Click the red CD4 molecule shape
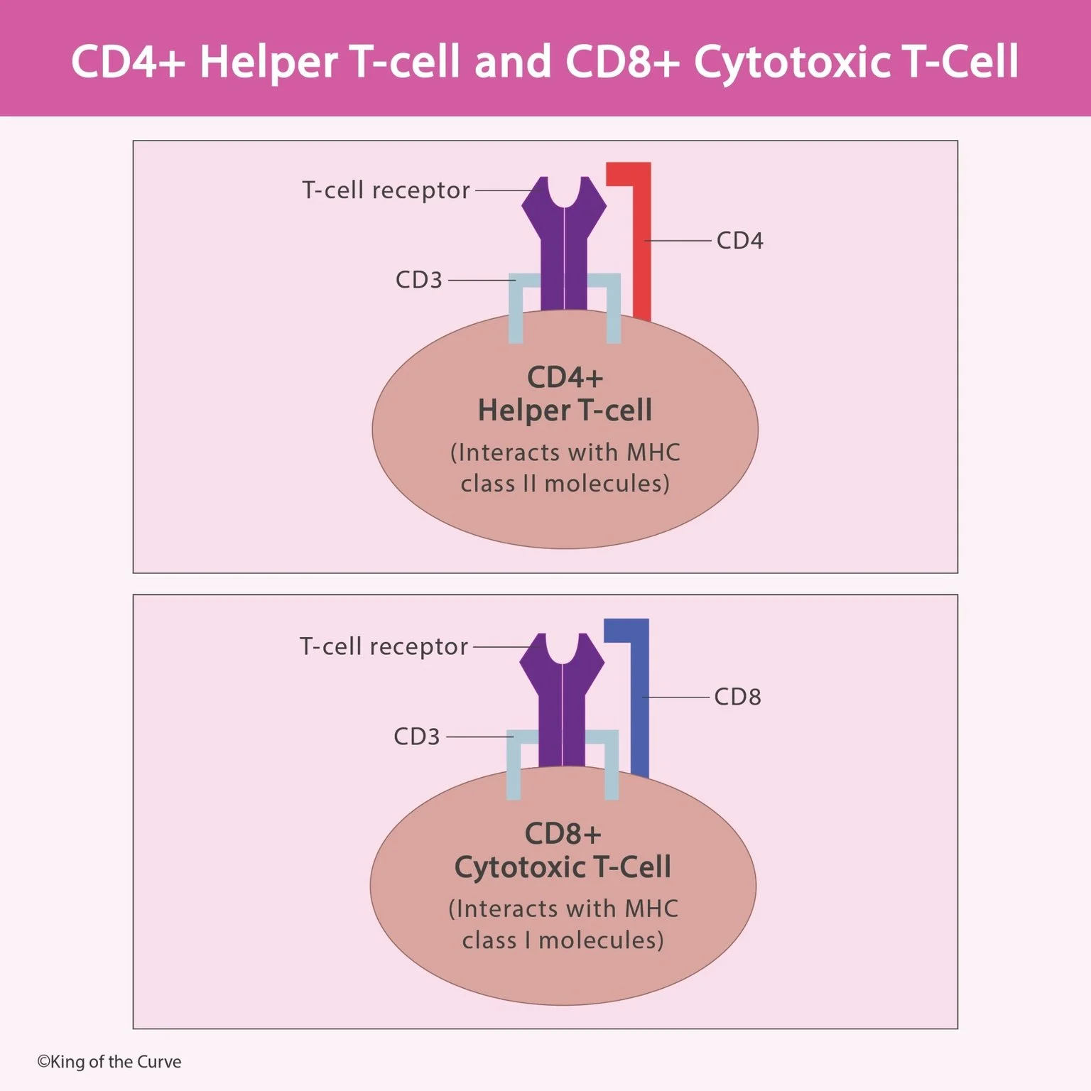(x=641, y=249)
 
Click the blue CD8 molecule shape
(x=639, y=703)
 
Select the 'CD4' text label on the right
(x=739, y=241)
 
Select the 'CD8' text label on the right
(x=737, y=697)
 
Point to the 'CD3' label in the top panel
(x=418, y=280)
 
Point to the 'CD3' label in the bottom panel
(x=416, y=737)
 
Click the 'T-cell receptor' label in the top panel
(x=386, y=190)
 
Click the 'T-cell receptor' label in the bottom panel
(x=384, y=646)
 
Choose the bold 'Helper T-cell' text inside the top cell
(x=565, y=411)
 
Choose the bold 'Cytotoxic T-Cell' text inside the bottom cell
(x=563, y=867)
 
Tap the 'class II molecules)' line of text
(x=565, y=484)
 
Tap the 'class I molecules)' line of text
(x=563, y=940)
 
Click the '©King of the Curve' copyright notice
(x=109, y=1062)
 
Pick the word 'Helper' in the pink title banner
(x=268, y=62)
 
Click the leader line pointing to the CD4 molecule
(x=678, y=241)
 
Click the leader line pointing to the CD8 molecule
(x=676, y=697)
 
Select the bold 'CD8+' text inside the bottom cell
(x=563, y=834)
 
